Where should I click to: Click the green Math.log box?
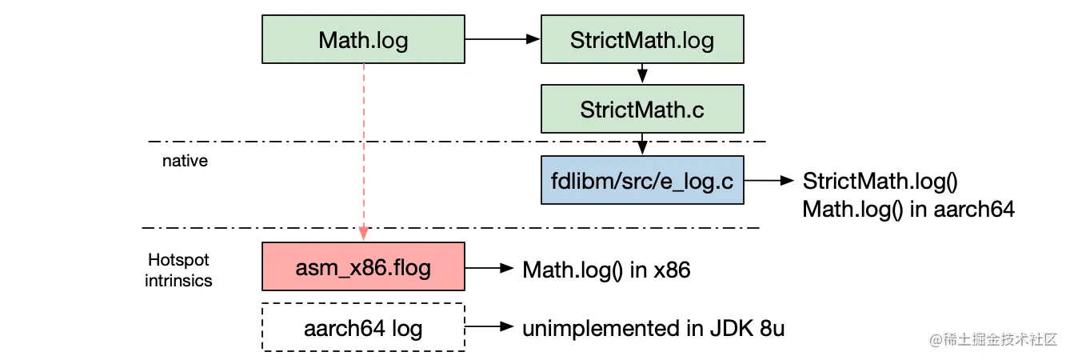(363, 40)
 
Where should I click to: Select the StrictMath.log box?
(642, 40)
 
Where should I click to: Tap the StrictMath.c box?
(642, 110)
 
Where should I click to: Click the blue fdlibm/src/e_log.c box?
(642, 180)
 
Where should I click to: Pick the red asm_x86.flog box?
(363, 267)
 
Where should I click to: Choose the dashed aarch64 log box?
(363, 327)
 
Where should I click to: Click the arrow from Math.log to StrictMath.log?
(502, 38)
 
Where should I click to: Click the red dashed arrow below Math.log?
(364, 152)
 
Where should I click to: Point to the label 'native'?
(185, 161)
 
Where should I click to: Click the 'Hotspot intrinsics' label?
(178, 270)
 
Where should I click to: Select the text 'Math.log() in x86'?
(606, 270)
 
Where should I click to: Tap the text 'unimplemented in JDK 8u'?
(653, 328)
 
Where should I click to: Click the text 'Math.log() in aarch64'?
(908, 210)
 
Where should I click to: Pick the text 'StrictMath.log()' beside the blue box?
(880, 181)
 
